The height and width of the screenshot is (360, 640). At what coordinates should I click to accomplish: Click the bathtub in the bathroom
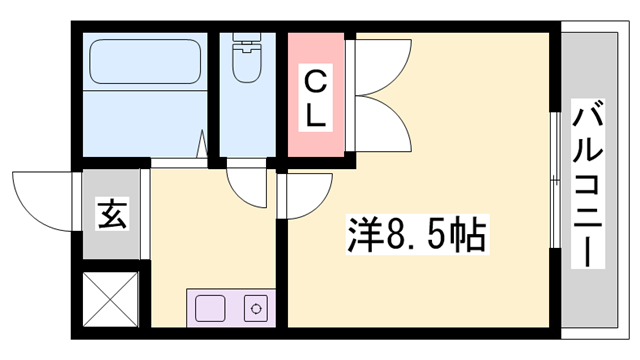point(145,62)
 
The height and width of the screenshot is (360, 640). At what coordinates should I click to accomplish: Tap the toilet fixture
point(247,57)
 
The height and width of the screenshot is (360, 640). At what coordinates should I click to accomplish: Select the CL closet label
point(316,98)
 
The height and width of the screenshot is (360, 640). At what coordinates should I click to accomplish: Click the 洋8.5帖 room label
point(417,235)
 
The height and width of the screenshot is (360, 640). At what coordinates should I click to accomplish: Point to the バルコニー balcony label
point(587,184)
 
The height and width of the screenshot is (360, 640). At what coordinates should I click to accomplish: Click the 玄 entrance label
point(112,213)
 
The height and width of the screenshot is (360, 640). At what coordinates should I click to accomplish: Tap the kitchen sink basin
point(210,308)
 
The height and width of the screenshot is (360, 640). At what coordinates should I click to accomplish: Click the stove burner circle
point(256,308)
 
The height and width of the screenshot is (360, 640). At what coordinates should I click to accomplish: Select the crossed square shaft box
point(111,299)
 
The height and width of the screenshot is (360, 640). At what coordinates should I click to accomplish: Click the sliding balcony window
point(555,180)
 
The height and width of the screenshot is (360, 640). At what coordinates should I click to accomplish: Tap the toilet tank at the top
point(247,37)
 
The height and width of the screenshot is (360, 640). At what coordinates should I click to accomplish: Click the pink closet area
point(316,95)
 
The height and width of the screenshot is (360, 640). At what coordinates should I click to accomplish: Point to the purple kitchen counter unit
point(231,308)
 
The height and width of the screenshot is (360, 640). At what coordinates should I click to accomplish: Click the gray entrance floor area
point(111,214)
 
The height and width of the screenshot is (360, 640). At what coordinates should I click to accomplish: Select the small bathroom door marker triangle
point(202,144)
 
